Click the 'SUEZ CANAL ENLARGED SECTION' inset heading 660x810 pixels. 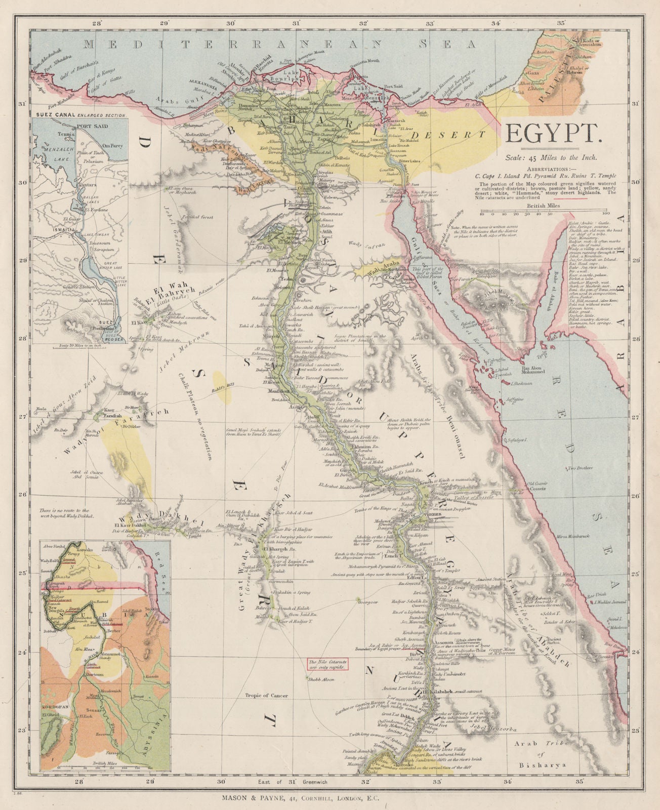[x=80, y=115]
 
